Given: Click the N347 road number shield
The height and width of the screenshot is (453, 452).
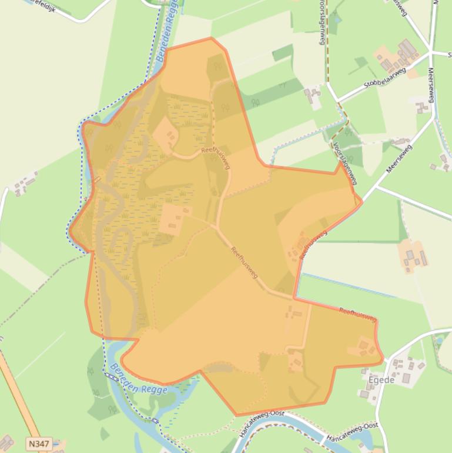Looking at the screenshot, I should coord(39,443).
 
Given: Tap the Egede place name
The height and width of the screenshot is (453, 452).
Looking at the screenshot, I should coord(381,380).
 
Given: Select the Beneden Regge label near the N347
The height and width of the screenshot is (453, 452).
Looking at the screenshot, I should coord(138,380).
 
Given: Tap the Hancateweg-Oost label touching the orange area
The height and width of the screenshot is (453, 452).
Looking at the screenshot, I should coord(260,422).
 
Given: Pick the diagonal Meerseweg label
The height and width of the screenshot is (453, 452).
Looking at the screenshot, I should coord(399,158).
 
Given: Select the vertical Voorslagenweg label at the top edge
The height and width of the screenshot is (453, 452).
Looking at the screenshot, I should coord(322,22).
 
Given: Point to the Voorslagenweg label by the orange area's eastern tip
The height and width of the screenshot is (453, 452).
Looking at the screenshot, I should coord(344,164).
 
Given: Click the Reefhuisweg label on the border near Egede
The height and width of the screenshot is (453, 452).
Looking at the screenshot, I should coord(357,314).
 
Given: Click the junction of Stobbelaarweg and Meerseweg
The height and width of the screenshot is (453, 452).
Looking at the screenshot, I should coord(430,54).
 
